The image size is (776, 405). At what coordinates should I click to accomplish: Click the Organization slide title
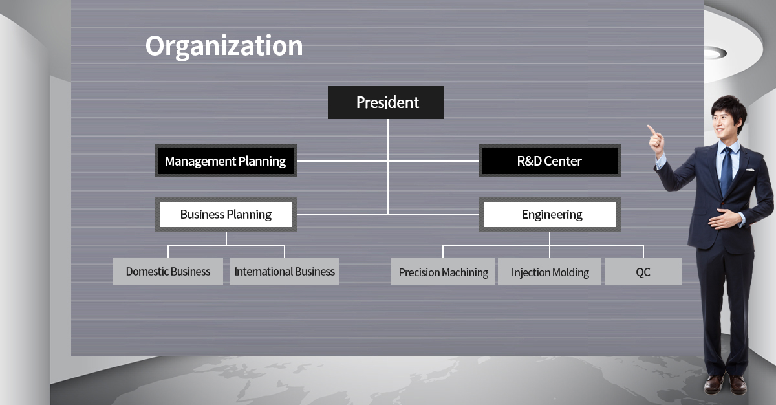(224, 46)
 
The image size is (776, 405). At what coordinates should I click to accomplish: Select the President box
(386, 103)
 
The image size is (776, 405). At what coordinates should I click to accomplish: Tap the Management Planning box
(226, 160)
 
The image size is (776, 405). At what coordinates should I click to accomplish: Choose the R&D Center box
(550, 160)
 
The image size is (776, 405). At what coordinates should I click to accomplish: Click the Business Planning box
(226, 214)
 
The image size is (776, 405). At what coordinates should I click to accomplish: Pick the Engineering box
(550, 214)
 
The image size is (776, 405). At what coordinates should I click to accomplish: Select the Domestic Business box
(168, 271)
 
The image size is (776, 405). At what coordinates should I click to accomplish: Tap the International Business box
(285, 271)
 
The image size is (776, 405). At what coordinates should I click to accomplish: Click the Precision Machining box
(443, 271)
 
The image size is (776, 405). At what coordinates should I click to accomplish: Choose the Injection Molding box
(550, 271)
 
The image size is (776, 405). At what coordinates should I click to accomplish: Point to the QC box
(643, 271)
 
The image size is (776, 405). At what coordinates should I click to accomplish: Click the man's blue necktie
(726, 170)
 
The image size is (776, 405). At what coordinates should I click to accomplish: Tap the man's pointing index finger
(651, 129)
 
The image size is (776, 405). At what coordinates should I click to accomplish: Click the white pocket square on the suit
(750, 170)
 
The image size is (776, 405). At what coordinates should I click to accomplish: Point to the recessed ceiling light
(715, 53)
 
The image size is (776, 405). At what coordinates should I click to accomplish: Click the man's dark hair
(729, 109)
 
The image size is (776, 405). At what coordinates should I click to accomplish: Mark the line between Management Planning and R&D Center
(388, 161)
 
